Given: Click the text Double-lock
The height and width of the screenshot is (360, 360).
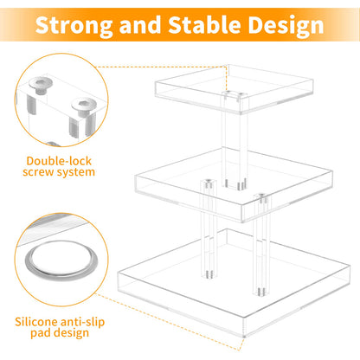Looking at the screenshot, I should click(61, 161).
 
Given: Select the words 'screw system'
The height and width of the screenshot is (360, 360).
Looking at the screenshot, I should click(61, 177).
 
